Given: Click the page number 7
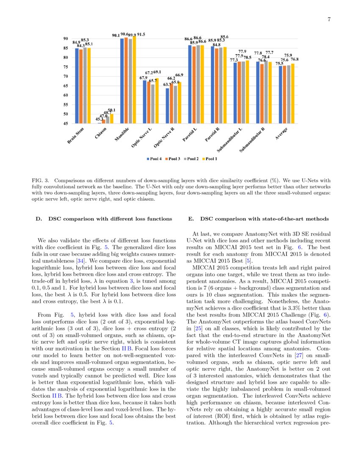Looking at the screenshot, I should [329, 19].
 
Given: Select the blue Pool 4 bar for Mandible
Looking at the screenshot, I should [122, 81].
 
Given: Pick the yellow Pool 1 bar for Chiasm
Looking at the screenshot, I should [112, 119].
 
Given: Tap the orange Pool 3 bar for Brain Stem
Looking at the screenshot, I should [81, 86].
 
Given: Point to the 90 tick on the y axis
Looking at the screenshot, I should [66, 39].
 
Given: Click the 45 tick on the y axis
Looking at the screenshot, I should [66, 124].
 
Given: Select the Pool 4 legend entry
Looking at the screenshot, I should [155, 159].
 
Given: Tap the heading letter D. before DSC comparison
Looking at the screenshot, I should [39, 219].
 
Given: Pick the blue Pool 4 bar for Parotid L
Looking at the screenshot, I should [190, 84].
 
